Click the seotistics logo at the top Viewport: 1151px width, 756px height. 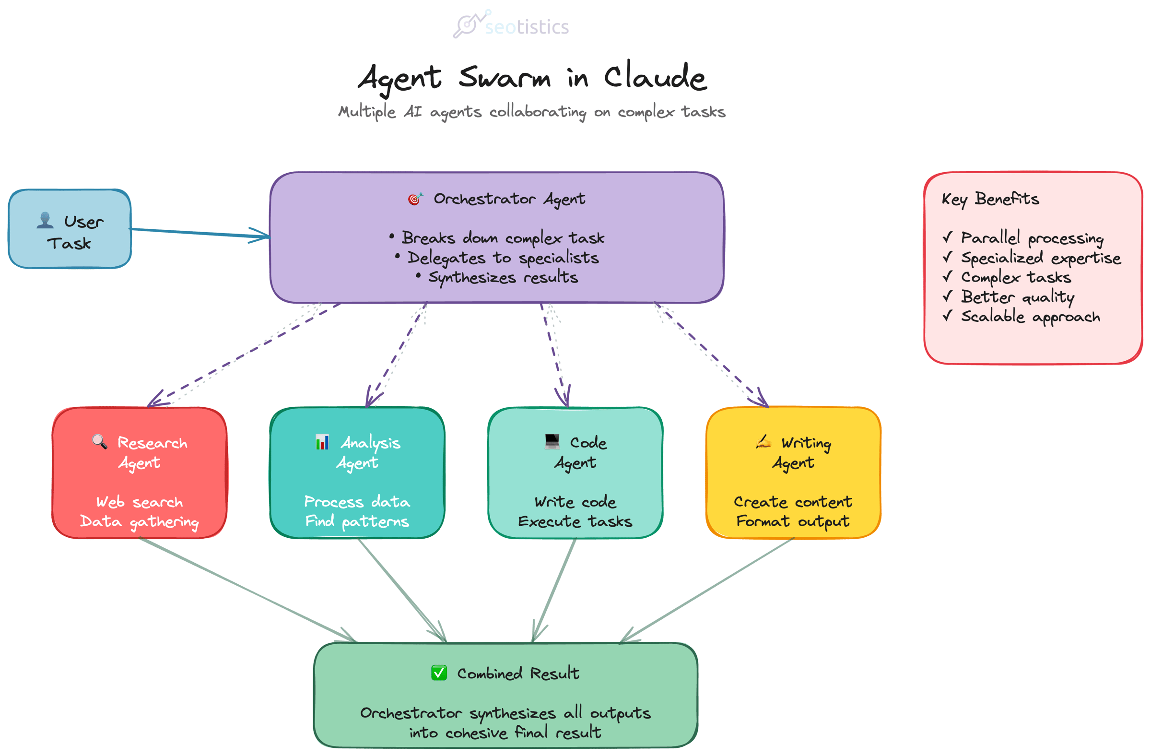pos(511,25)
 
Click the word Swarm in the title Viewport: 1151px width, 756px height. pos(505,77)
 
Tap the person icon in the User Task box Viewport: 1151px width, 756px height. pos(45,220)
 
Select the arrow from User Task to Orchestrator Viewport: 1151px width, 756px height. pos(198,233)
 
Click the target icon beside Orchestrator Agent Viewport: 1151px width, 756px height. pos(414,199)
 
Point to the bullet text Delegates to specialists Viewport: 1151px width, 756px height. pos(503,258)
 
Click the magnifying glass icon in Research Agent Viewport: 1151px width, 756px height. pos(100,442)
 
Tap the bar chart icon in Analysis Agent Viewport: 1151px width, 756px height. pos(322,442)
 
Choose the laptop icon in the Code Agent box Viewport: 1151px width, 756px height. pos(552,441)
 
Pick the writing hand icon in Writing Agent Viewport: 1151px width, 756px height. pos(763,442)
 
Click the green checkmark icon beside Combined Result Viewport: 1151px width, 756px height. pos(439,673)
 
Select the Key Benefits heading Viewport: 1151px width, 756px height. pos(990,199)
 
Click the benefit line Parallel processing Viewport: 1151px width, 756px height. pos(1032,238)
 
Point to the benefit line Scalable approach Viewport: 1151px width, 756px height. pos(1030,316)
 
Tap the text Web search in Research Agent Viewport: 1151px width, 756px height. pos(139,502)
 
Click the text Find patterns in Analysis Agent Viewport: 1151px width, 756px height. pos(357,521)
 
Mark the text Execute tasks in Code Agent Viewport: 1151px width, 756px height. pos(575,521)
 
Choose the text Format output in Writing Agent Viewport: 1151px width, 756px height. pos(793,521)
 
